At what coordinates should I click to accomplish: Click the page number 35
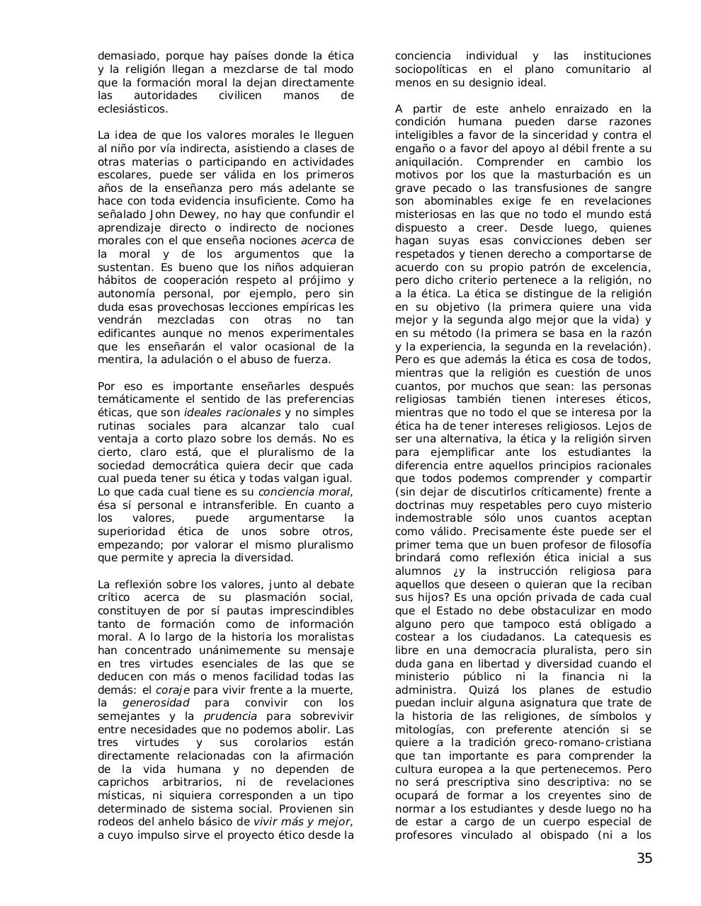pos(644,859)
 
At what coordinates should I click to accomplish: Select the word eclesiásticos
pos(133,109)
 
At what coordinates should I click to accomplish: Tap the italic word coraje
pos(173,690)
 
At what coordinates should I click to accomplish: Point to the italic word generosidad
pos(156,703)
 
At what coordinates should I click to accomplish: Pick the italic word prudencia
pos(230,716)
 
